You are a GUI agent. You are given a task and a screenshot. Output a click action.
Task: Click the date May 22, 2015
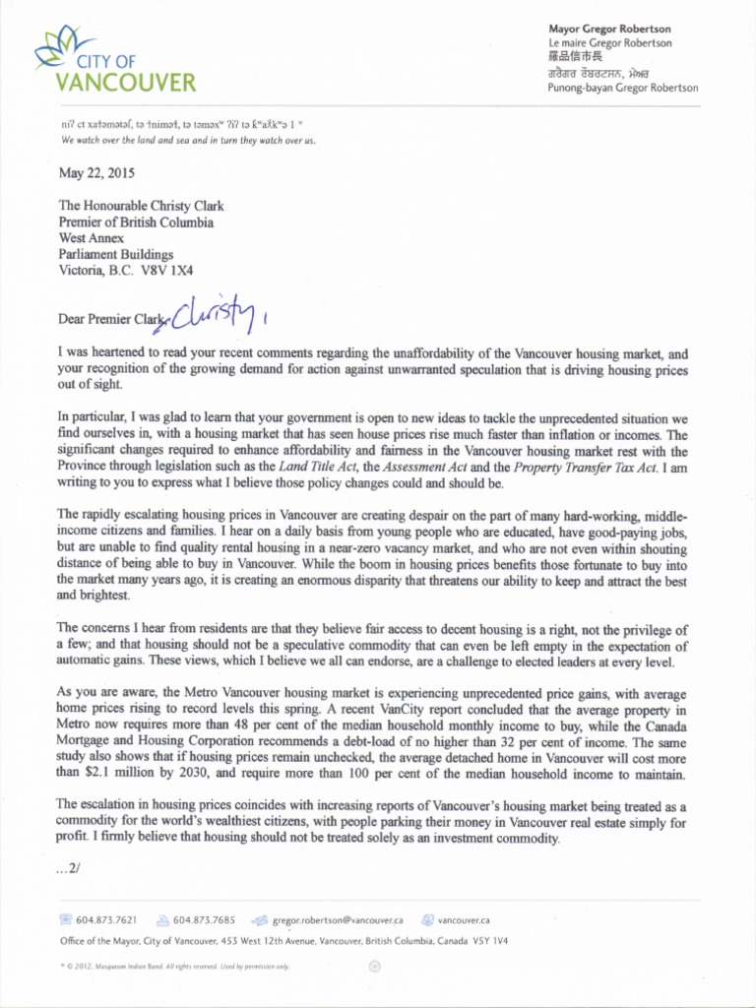95,173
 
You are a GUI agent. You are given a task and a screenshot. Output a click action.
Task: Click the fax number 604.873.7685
204,920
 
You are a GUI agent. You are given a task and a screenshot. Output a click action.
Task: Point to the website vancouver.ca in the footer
464,920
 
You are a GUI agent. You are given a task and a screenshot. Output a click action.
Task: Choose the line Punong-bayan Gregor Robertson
622,88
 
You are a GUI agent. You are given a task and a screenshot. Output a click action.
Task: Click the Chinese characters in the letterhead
573,58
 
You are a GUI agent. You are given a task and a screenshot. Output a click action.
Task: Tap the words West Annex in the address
94,238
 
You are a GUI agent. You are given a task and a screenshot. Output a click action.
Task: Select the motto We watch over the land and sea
187,141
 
